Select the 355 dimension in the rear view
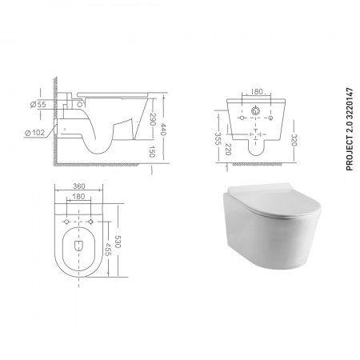click(x=219, y=136)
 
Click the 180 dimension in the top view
click(x=78, y=195)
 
